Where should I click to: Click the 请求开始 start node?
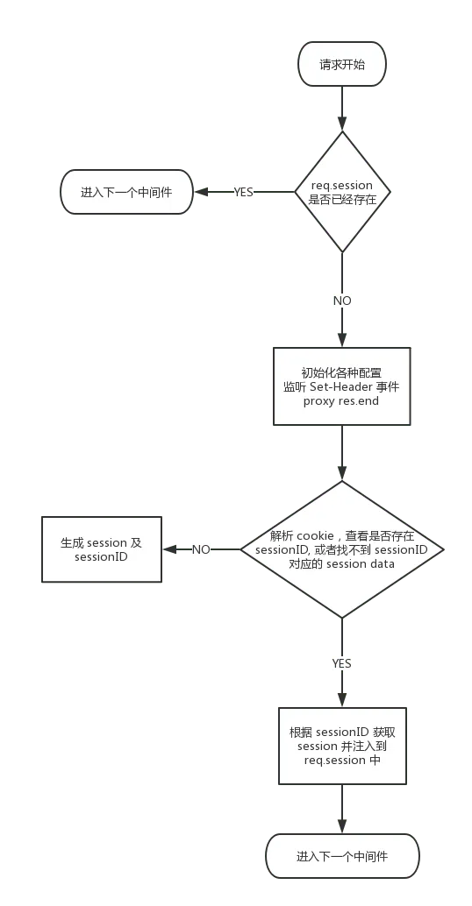pyautogui.click(x=342, y=64)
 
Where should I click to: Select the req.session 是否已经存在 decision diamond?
pyautogui.click(x=342, y=192)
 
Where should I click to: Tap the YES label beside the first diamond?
pyautogui.click(x=244, y=192)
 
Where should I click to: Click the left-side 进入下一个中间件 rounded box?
pyautogui.click(x=126, y=192)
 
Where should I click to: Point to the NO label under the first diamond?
pyautogui.click(x=342, y=301)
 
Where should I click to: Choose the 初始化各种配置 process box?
pyautogui.click(x=342, y=386)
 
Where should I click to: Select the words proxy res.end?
pyautogui.click(x=340, y=400)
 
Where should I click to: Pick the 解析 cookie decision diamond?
pyautogui.click(x=342, y=549)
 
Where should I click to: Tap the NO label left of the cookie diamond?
pyautogui.click(x=201, y=549)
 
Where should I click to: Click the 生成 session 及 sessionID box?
pyautogui.click(x=101, y=549)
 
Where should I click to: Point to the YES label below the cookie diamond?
pyautogui.click(x=342, y=663)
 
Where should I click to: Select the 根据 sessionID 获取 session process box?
pyautogui.click(x=342, y=746)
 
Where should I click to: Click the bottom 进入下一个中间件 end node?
pyautogui.click(x=342, y=856)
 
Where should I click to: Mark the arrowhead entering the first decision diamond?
pyautogui.click(x=342, y=124)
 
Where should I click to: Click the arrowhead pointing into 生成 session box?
pyautogui.click(x=169, y=549)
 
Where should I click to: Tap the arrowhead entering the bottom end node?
pyautogui.click(x=342, y=826)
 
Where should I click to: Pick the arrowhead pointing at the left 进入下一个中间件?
pyautogui.click(x=201, y=192)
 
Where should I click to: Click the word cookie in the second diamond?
pyautogui.click(x=315, y=535)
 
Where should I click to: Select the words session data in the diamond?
pyautogui.click(x=361, y=563)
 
